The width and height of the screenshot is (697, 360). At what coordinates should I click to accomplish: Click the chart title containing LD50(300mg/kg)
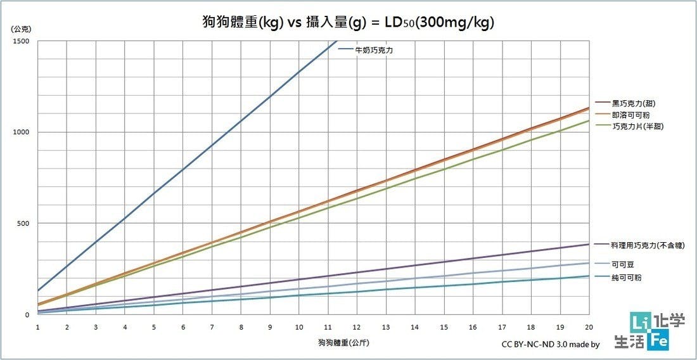click(345, 22)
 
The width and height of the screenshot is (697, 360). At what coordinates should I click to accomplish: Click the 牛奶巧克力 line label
click(374, 50)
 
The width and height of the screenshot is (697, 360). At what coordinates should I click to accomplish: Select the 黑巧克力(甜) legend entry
click(630, 103)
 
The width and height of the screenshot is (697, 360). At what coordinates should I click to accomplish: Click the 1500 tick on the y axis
click(22, 41)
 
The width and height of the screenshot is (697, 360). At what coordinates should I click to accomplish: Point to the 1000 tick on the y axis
click(22, 132)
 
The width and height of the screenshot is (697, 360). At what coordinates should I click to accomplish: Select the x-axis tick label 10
click(299, 327)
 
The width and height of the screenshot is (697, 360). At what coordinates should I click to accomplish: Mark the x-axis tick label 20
click(589, 327)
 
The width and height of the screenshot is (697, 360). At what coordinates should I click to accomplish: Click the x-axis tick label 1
click(38, 327)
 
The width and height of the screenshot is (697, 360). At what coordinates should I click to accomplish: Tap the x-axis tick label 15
click(444, 327)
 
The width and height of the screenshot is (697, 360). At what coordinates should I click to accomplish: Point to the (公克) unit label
click(20, 29)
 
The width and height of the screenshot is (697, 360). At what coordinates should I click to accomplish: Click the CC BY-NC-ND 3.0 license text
click(550, 345)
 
